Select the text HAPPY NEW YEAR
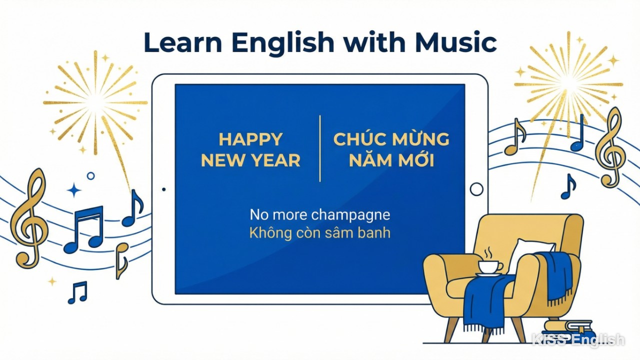point(250,149)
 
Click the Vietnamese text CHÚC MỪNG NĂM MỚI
point(391,149)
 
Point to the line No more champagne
point(320,215)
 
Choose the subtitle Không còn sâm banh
point(320,233)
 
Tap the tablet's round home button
point(477,189)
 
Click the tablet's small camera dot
point(164,189)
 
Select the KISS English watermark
point(578,340)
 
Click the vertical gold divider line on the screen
point(320,148)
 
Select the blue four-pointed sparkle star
point(74,190)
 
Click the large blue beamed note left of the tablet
point(84,229)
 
